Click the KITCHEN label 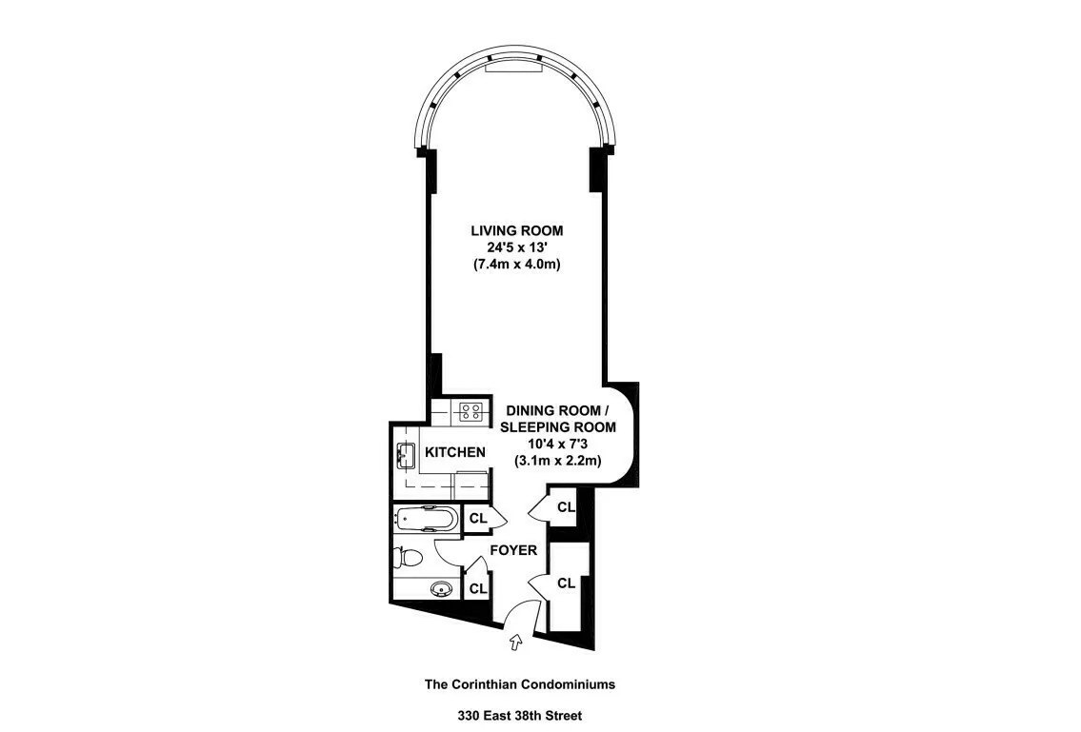coord(455,452)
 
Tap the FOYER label coord(513,550)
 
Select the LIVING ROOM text coord(516,230)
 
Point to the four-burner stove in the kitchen coord(470,411)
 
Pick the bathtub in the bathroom coord(426,519)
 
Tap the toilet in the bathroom coord(407,557)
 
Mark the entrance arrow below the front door coord(516,643)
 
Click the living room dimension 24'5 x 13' coord(516,247)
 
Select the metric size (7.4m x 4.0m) coord(516,265)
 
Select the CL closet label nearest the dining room coord(566,507)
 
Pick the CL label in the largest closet coord(566,584)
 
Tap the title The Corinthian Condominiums coord(520,683)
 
